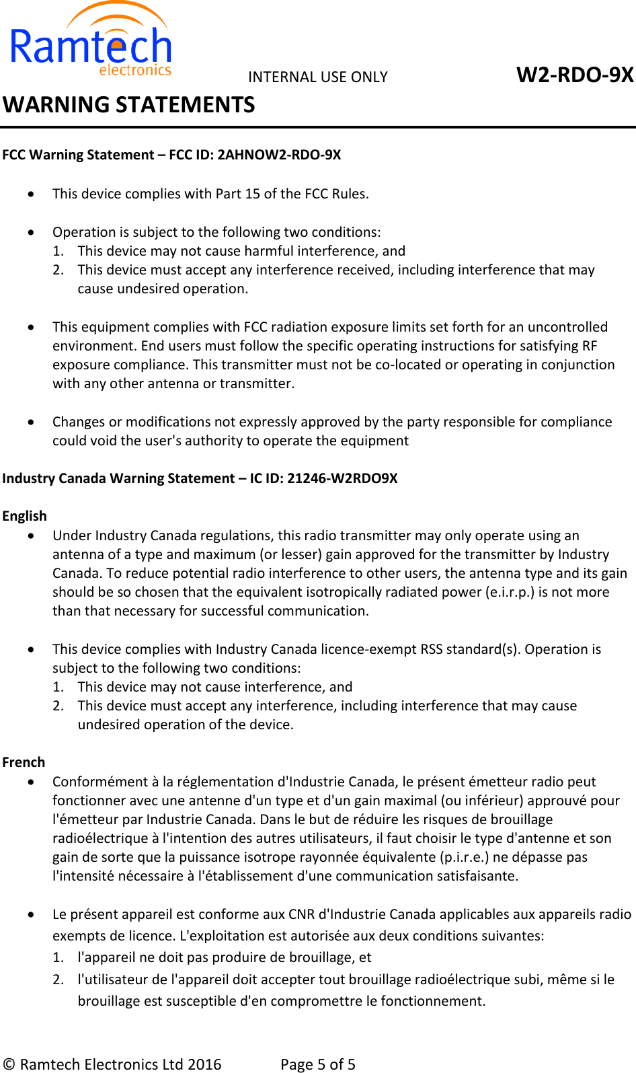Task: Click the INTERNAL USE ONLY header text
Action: [x=317, y=77]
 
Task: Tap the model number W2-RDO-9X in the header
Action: [x=574, y=75]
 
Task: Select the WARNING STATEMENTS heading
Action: [x=128, y=105]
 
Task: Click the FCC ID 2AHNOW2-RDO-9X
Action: [x=279, y=155]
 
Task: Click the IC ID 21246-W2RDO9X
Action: [x=342, y=478]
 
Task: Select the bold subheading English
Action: [x=24, y=516]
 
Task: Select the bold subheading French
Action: [x=24, y=762]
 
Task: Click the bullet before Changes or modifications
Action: [x=32, y=422]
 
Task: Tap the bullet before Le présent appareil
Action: [x=32, y=915]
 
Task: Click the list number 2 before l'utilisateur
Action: [x=58, y=979]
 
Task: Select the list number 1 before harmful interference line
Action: [x=58, y=251]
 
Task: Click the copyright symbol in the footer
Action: [x=9, y=1064]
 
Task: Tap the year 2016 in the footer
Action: [x=204, y=1064]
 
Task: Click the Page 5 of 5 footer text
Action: [x=317, y=1064]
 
